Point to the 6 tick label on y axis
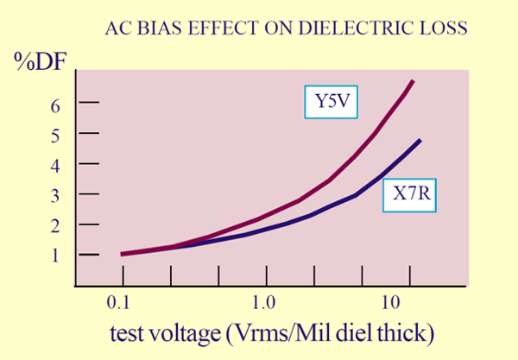coord(56,103)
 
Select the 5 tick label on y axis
coord(56,134)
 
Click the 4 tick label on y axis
coord(56,164)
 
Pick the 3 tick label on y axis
coord(56,194)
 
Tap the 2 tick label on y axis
coord(56,224)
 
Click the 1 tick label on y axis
coord(56,255)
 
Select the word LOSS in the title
coord(445,28)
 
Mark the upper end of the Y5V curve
coord(413,81)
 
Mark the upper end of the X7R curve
coord(420,140)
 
